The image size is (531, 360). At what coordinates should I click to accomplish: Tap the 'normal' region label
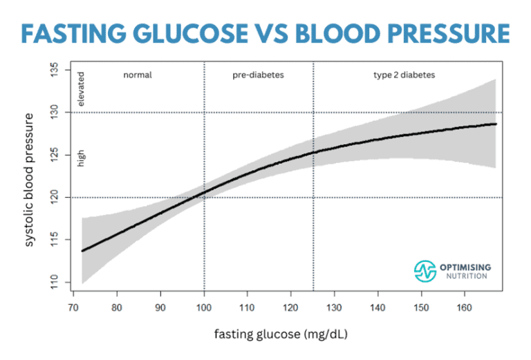(138, 75)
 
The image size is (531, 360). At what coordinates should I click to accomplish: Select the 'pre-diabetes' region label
(258, 75)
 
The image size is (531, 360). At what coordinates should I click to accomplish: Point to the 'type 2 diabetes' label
(408, 75)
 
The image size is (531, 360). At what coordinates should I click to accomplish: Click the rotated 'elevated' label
(81, 89)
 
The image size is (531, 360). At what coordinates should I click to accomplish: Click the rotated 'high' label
(81, 160)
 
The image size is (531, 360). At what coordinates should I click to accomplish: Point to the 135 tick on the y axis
(56, 70)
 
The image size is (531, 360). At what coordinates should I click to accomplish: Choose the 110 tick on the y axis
(56, 282)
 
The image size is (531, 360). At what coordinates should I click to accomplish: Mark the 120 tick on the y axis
(56, 198)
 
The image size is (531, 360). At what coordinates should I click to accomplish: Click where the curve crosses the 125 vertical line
(313, 152)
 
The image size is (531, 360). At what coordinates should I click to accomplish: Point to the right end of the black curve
(496, 124)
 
